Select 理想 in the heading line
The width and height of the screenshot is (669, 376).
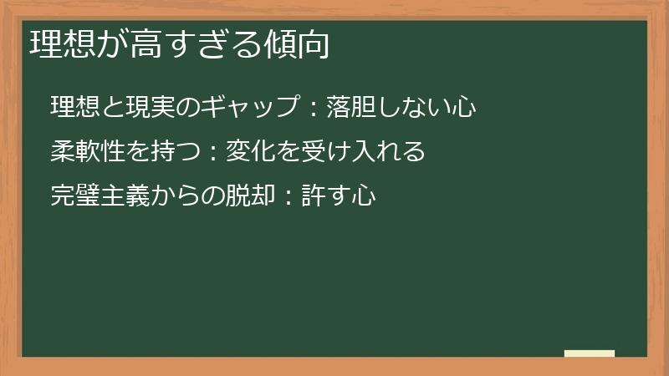(60, 45)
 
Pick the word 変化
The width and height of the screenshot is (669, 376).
(248, 152)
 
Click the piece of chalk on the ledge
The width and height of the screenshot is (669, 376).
(589, 353)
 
